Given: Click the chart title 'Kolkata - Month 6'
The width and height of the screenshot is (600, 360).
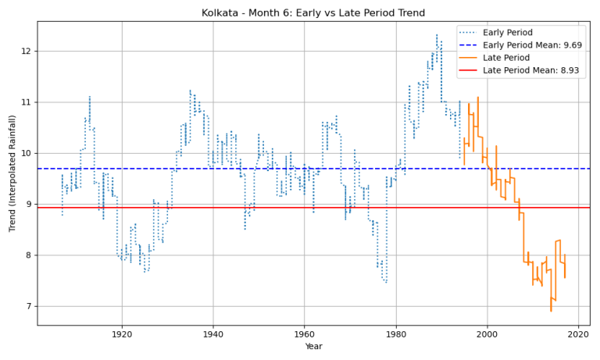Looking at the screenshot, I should click(x=313, y=12).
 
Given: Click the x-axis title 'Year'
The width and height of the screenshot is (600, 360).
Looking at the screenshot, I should click(x=313, y=347).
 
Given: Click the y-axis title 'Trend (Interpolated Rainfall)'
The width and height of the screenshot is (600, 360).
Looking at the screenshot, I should click(x=12, y=173).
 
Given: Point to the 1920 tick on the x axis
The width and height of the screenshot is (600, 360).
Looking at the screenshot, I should click(x=121, y=333).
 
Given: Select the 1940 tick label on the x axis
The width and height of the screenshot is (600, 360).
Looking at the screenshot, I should click(x=212, y=333).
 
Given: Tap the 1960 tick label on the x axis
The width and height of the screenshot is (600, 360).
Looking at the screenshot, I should click(x=304, y=333).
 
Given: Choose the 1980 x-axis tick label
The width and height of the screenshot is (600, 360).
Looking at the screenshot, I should click(x=395, y=333).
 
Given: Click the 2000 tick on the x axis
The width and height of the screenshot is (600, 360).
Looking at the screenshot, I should click(x=487, y=333).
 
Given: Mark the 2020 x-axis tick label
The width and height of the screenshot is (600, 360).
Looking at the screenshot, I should click(x=578, y=333).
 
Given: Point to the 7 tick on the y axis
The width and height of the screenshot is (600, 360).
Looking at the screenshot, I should click(x=28, y=306).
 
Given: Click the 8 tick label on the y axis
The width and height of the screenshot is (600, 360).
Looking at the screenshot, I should click(x=28, y=255).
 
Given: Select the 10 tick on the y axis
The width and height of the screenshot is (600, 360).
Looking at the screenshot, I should click(x=26, y=153).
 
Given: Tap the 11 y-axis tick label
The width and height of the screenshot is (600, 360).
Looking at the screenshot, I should click(x=26, y=102).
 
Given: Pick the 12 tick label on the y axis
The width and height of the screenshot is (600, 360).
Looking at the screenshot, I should click(x=26, y=52).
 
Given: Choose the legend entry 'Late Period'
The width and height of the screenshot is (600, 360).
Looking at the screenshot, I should click(x=529, y=58).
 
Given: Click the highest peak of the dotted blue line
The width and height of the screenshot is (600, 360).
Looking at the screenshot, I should click(x=437, y=34).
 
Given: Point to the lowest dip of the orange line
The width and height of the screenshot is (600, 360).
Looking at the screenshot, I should click(x=551, y=312).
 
